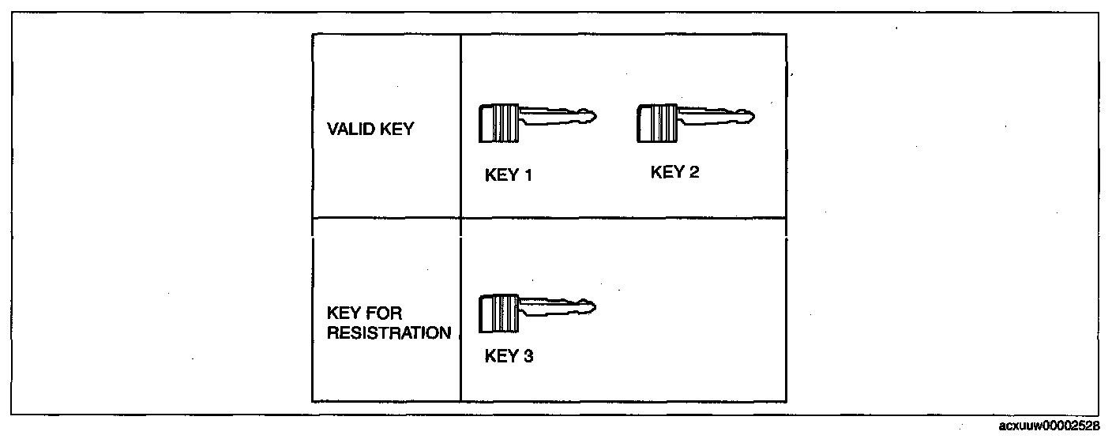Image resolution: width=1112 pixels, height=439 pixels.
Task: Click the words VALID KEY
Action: click(x=370, y=129)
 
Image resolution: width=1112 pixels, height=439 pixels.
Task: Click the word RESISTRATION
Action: click(x=389, y=333)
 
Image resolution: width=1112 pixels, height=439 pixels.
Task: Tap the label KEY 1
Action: click(x=509, y=175)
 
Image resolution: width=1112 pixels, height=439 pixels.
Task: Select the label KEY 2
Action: click(x=674, y=172)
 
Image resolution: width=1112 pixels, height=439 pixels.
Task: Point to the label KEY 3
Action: click(x=509, y=356)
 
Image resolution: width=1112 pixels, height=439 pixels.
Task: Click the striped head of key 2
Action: click(x=657, y=122)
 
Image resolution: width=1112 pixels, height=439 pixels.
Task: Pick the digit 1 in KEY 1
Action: click(x=528, y=175)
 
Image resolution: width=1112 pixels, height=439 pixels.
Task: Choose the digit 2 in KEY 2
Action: click(x=693, y=172)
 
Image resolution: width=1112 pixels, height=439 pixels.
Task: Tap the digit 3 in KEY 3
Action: click(x=528, y=356)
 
